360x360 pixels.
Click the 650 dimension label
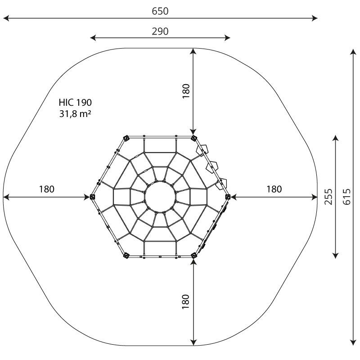point(160,11)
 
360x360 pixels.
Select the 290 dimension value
point(160,31)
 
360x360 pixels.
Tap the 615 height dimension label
point(346,197)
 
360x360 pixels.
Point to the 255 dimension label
point(328,197)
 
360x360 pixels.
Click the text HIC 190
point(75,103)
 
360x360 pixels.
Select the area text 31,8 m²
point(75,114)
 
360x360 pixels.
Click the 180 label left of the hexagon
point(47,189)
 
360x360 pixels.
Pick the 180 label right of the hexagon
point(274,189)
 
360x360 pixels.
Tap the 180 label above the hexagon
point(186,91)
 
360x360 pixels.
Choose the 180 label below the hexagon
point(186,301)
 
